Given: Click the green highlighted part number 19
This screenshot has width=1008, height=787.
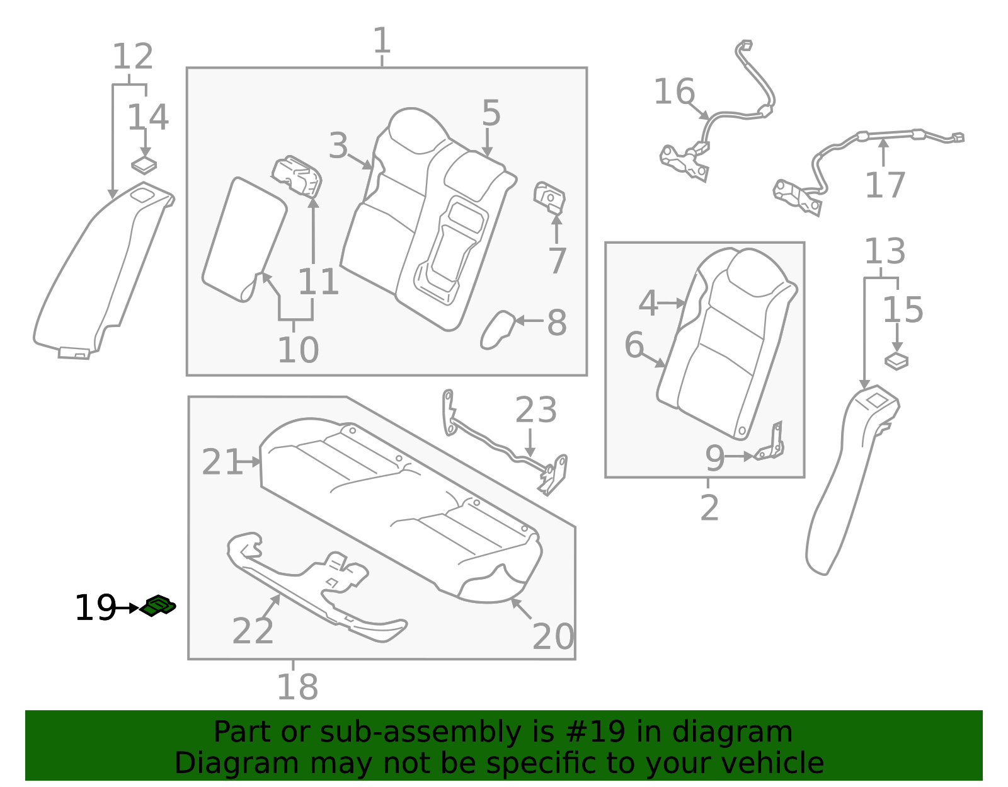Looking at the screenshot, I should pos(158,606).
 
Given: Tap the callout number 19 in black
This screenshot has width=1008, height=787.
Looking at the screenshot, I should pos(95,608).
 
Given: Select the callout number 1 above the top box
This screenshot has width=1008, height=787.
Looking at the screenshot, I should pos(382,41).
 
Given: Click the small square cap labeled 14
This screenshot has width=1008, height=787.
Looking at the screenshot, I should pos(144,165).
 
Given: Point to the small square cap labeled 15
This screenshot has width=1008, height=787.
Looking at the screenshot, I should pos(896,362).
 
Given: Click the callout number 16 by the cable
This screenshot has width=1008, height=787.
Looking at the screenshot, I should pos(673,92).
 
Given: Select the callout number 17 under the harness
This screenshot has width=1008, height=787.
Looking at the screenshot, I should pos(885,185).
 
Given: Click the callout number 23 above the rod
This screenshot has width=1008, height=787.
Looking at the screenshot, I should pos(535,410).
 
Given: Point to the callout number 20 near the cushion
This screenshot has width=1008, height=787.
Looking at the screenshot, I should pos(553,636).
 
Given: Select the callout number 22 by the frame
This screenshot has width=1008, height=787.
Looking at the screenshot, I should pos(253,631).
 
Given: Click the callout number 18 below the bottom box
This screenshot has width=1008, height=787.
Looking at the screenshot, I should pos(297,687).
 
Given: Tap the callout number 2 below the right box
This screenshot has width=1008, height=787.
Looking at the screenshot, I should pos(709,507).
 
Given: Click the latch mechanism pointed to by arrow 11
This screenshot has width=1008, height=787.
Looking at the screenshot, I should pos(298,178).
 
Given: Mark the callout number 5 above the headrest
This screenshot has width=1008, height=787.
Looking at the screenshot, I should pos(491,113).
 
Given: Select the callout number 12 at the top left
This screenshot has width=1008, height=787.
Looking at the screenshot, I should pos(132,57).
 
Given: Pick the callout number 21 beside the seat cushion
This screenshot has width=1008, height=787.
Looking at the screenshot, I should pos(222,462).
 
